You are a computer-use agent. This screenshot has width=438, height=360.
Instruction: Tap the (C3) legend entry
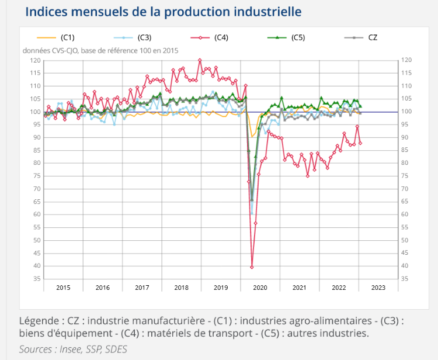pyautogui.click(x=144, y=38)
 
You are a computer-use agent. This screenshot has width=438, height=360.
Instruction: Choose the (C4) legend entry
pyautogui.click(x=220, y=38)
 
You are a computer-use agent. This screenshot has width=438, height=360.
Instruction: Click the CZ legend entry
pyautogui.click(x=372, y=38)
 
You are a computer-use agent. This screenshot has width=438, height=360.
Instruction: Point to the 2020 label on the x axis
pyautogui.click(x=259, y=288)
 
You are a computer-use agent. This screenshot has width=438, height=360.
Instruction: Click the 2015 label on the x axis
pyautogui.click(x=63, y=288)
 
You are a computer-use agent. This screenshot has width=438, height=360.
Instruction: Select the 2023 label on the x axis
pyautogui.click(x=377, y=288)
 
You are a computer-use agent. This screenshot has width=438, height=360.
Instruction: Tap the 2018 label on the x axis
pyautogui.click(x=181, y=288)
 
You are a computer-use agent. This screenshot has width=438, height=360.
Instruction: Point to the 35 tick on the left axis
pyautogui.click(x=36, y=279)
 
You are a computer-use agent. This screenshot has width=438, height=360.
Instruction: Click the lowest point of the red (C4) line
pyautogui.click(x=252, y=267)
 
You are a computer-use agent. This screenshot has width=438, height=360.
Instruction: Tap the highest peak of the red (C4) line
pyautogui.click(x=200, y=60)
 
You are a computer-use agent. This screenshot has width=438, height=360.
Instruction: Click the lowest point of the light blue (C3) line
pyautogui.click(x=252, y=213)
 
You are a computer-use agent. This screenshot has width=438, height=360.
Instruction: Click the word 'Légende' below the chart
pyautogui.click(x=39, y=320)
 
